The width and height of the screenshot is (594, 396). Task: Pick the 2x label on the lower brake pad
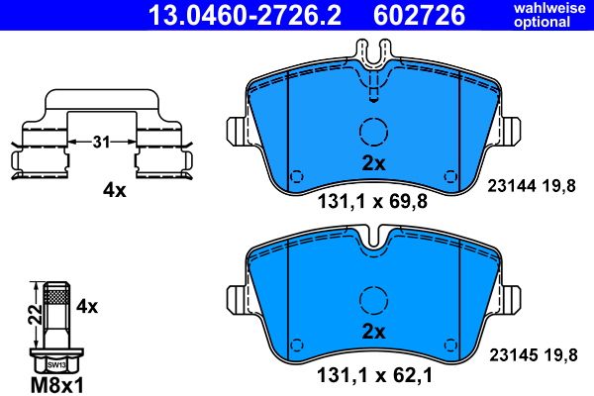[x=373, y=329]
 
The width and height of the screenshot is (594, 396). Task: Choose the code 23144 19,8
[x=534, y=185]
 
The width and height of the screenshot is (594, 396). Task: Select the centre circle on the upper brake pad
[x=373, y=132]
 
